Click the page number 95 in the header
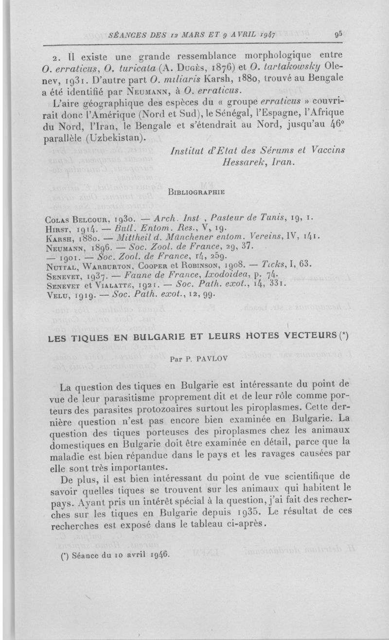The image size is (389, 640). (x=338, y=35)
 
